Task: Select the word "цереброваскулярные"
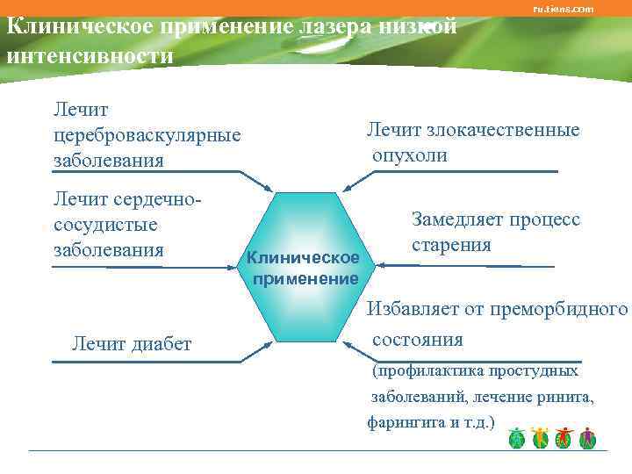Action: pyautogui.click(x=147, y=135)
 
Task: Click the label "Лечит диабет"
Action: pyautogui.click(x=131, y=343)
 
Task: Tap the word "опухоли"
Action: pyautogui.click(x=409, y=155)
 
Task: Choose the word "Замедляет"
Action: pyautogui.click(x=456, y=219)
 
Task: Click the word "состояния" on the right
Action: pyautogui.click(x=417, y=339)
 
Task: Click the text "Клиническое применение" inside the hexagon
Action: pyautogui.click(x=304, y=268)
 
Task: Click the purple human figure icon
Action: pyautogui.click(x=587, y=437)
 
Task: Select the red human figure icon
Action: pyautogui.click(x=564, y=437)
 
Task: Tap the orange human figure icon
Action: pyautogui.click(x=540, y=437)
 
